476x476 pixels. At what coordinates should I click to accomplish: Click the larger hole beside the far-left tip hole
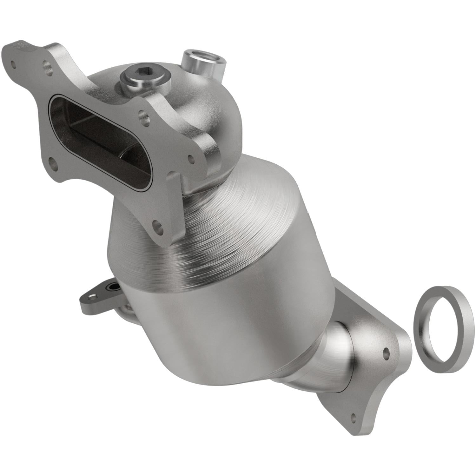(x=48, y=67)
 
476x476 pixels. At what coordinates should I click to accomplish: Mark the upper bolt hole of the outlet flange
(x=386, y=352)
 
